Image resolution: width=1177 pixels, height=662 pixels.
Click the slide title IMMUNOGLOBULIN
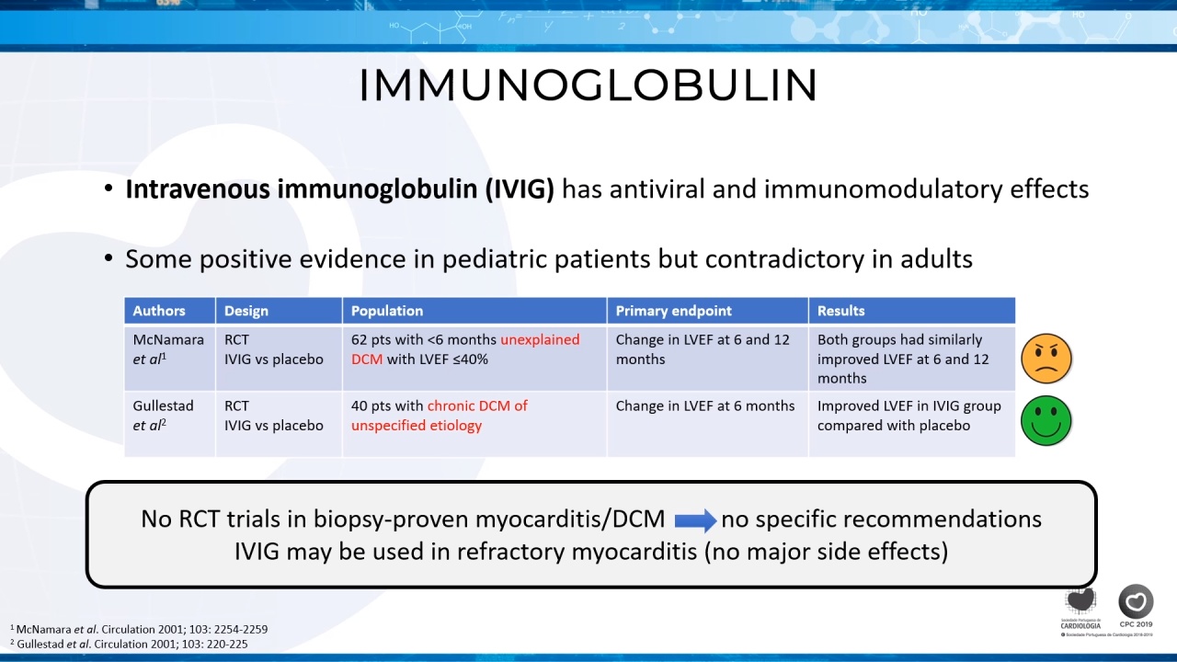coord(588,86)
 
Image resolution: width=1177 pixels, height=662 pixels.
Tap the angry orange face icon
coord(1046,359)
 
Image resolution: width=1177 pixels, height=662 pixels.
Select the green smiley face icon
coord(1046,421)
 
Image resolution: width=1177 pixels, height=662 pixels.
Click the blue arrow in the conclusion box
coord(695,520)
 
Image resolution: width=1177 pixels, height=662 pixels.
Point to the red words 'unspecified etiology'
coord(417,426)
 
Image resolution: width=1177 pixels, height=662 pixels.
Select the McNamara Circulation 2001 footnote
coord(139,629)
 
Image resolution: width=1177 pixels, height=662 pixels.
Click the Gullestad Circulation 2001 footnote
coord(130,644)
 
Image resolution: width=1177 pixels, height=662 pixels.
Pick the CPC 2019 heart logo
coord(1136,606)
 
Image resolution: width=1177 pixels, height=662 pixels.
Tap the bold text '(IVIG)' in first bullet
coord(520,189)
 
